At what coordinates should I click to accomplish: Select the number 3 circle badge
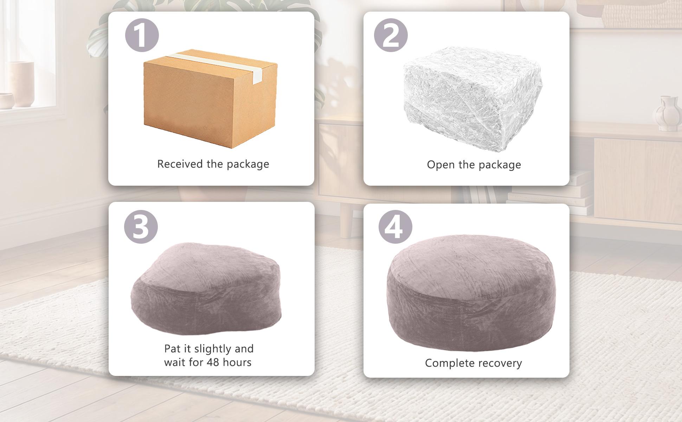pyautogui.click(x=141, y=226)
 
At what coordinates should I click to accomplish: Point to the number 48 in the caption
pyautogui.click(x=213, y=362)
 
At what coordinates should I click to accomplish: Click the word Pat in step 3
pyautogui.click(x=172, y=349)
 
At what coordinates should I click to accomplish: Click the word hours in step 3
pyautogui.click(x=237, y=362)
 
